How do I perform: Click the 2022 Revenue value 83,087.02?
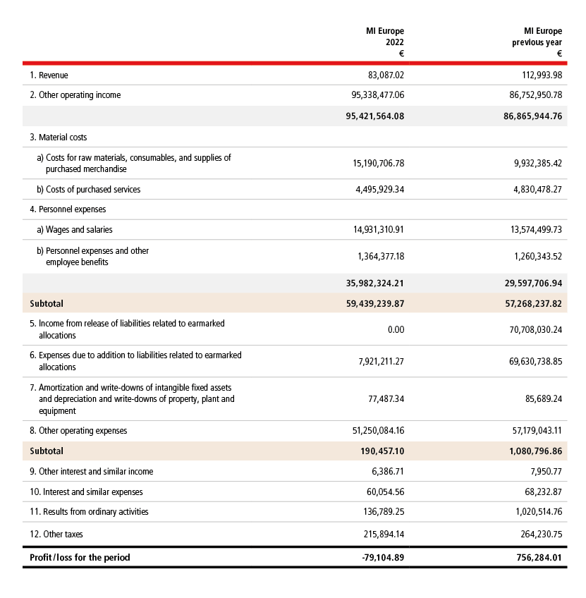click(382, 75)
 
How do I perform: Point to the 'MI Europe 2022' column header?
click(384, 42)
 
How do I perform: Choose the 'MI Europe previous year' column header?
click(537, 42)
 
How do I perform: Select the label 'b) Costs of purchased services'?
click(88, 189)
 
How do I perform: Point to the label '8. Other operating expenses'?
click(78, 430)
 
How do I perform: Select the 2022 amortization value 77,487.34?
click(382, 399)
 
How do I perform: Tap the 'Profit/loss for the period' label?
click(80, 557)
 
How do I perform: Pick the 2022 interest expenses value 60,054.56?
click(382, 492)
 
